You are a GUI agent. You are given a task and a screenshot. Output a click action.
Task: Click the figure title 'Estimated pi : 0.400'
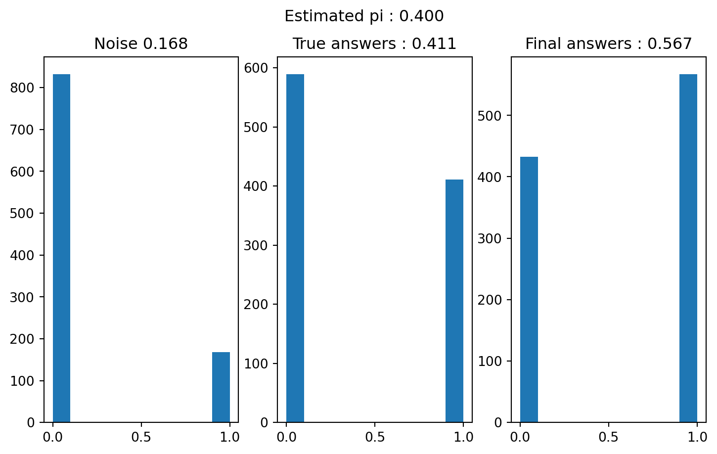click(x=364, y=16)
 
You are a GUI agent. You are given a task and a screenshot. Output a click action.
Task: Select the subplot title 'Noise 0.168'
click(x=141, y=44)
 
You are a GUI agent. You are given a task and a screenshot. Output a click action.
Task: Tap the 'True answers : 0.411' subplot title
click(x=374, y=44)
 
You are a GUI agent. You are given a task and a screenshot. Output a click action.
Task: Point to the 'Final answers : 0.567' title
click(x=608, y=44)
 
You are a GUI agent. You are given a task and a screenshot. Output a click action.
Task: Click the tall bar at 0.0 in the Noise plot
click(x=61, y=247)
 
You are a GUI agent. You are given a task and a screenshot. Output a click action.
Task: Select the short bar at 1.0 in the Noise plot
click(x=221, y=387)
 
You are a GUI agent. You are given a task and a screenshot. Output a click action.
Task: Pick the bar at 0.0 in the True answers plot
click(x=295, y=247)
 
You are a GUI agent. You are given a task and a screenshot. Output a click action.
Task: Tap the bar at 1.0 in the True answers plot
click(x=454, y=301)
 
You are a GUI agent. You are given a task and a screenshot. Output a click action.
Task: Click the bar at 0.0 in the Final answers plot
click(x=529, y=289)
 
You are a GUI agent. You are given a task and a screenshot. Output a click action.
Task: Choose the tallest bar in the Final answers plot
click(x=688, y=247)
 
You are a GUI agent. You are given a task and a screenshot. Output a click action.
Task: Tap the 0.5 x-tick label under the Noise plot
click(x=141, y=437)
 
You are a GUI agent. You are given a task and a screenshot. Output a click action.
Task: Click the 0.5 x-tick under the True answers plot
click(x=375, y=437)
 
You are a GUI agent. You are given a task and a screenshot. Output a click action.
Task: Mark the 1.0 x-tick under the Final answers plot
click(x=697, y=437)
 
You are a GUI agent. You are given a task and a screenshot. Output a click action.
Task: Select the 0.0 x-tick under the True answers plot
click(x=286, y=437)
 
